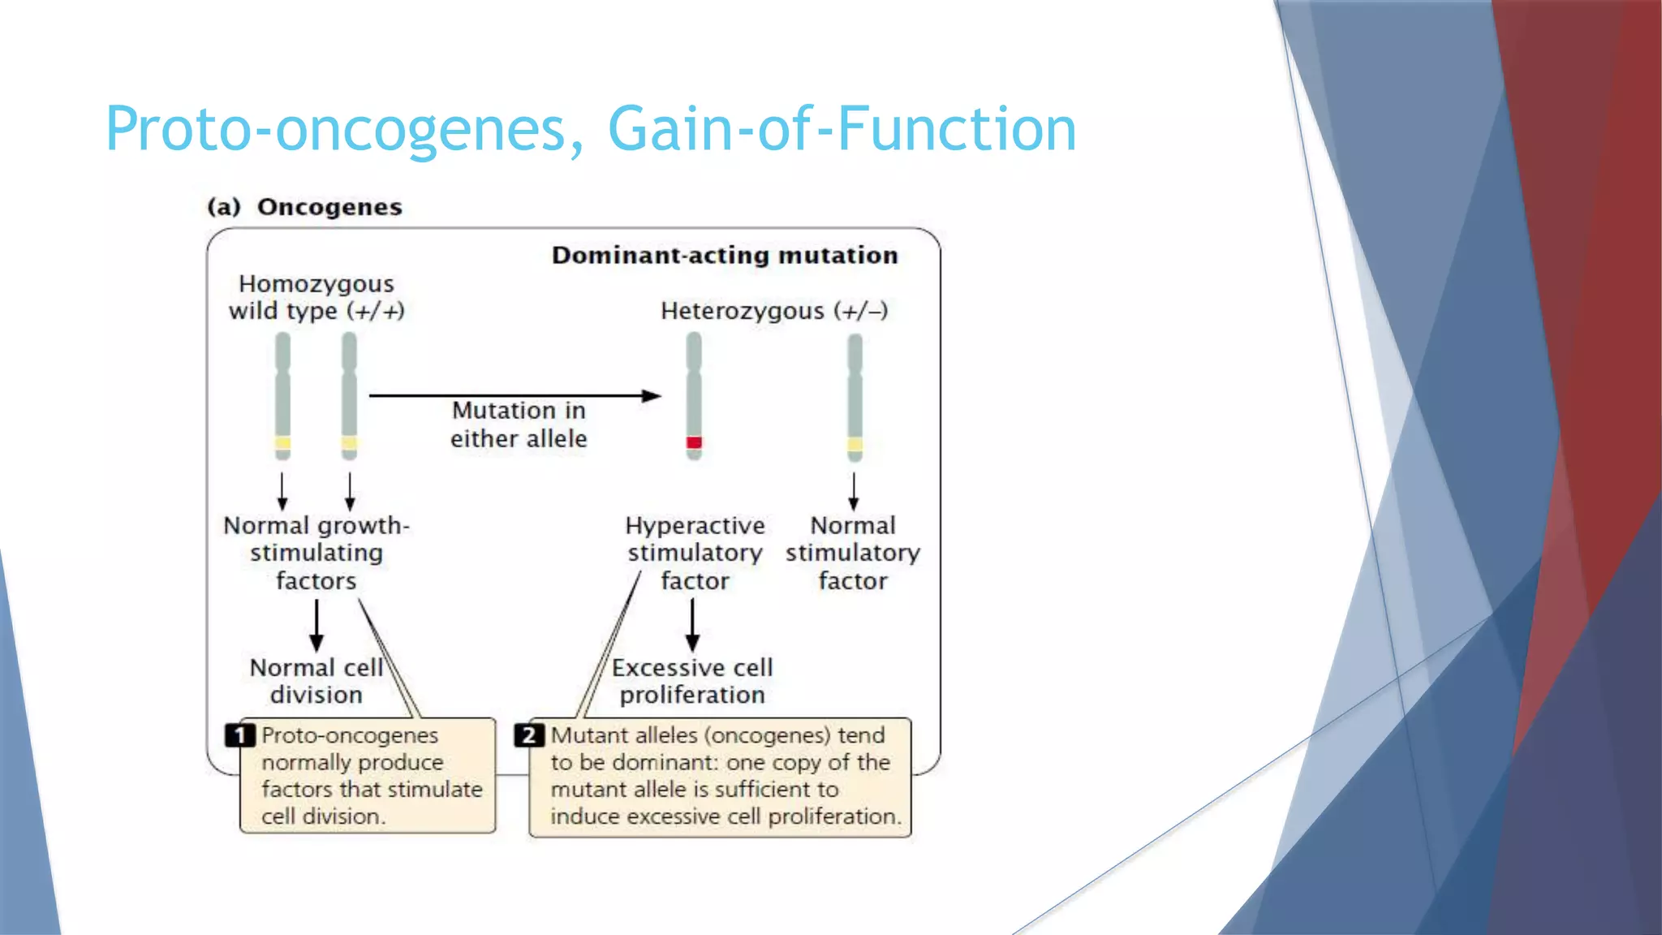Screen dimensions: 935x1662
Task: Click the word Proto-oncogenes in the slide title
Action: pyautogui.click(x=340, y=130)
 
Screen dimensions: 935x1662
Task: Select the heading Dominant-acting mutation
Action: pyautogui.click(x=725, y=256)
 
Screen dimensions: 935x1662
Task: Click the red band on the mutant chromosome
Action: pyautogui.click(x=694, y=442)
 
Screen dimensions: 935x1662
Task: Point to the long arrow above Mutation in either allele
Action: pyautogui.click(x=515, y=395)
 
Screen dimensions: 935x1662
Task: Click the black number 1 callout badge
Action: pyautogui.click(x=240, y=735)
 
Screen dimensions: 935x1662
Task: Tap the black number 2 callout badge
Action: pyautogui.click(x=529, y=735)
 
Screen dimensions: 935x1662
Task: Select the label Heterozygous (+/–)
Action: pyautogui.click(x=774, y=311)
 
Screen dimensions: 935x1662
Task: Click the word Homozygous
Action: pyautogui.click(x=316, y=284)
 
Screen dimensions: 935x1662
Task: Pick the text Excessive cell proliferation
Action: pyautogui.click(x=692, y=681)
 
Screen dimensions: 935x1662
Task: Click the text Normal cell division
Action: pyautogui.click(x=316, y=681)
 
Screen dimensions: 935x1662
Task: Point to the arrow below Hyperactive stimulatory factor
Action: pyautogui.click(x=692, y=625)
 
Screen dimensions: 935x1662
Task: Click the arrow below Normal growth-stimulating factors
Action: pyautogui.click(x=316, y=625)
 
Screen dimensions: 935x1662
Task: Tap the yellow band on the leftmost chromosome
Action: pyautogui.click(x=282, y=443)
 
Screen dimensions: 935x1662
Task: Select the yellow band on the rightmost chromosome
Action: pyautogui.click(x=855, y=445)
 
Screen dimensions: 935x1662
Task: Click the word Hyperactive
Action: pyautogui.click(x=695, y=526)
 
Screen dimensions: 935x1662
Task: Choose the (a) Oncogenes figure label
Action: pyautogui.click(x=304, y=207)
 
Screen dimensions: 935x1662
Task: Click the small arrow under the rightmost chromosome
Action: pyautogui.click(x=853, y=491)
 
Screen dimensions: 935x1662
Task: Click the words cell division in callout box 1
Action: pyautogui.click(x=321, y=817)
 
